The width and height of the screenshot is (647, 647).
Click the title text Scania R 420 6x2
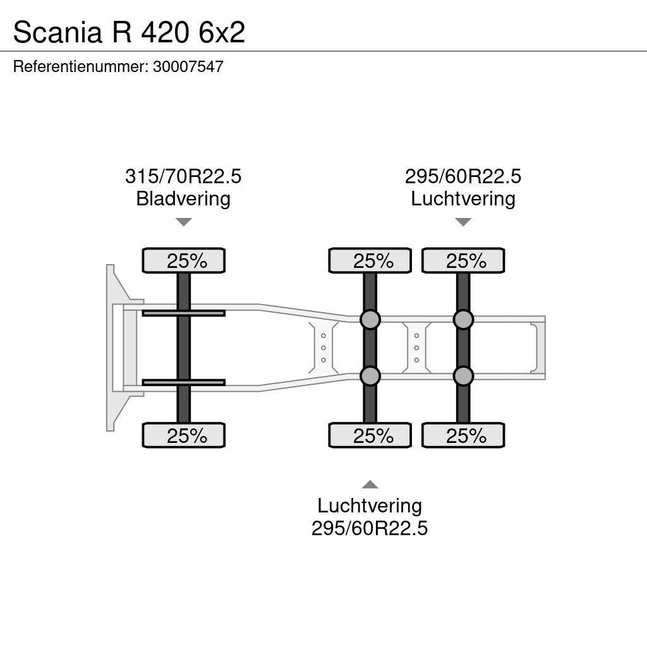(129, 32)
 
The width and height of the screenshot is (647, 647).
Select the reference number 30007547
(188, 67)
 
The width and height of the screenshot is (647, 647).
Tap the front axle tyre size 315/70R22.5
(183, 176)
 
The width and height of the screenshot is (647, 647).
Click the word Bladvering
(183, 198)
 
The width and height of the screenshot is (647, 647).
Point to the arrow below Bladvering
(183, 222)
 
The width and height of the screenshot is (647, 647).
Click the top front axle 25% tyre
(183, 260)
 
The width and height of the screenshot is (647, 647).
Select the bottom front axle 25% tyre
(183, 435)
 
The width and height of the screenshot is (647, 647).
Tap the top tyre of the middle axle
(370, 260)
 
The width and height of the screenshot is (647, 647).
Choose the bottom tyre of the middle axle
(370, 435)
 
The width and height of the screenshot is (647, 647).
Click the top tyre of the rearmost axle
(463, 260)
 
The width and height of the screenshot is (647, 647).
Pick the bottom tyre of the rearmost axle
(463, 435)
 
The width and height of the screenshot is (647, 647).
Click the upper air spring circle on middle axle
(370, 320)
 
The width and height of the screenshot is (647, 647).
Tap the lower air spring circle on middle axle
(370, 376)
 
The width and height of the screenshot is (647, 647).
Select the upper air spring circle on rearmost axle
(463, 320)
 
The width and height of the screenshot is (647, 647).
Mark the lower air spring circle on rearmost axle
(463, 376)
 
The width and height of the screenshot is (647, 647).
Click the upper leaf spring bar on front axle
(183, 313)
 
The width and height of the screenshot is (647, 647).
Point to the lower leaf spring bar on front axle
(183, 382)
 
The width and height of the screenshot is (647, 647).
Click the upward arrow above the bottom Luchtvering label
(370, 485)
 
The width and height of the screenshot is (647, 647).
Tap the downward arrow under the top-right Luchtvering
(463, 222)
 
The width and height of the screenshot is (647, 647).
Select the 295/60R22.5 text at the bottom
(370, 528)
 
